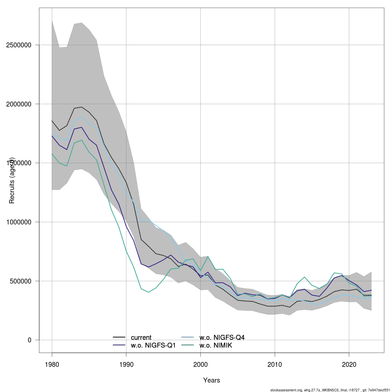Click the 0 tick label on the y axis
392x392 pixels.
[x=29, y=340]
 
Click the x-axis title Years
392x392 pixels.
[x=212, y=380]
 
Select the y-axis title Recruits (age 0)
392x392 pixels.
[x=12, y=181]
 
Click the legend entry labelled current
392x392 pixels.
[x=141, y=337]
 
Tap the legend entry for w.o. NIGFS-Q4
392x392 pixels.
[x=222, y=337]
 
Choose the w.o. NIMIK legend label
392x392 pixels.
[x=216, y=345]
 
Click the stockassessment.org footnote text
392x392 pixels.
[x=330, y=390]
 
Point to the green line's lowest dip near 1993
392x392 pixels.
[x=148, y=292]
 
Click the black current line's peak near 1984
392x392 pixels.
[x=82, y=107]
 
